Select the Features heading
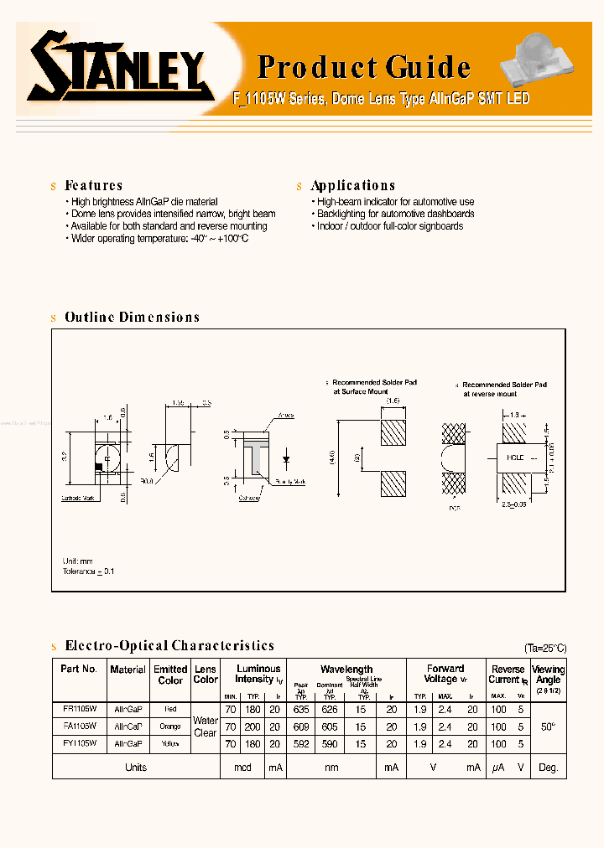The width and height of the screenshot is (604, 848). [93, 185]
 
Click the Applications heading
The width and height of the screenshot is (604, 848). [352, 185]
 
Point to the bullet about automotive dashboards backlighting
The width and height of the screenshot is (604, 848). [395, 215]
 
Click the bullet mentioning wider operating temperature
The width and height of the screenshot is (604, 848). [159, 239]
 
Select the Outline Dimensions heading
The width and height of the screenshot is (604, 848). [132, 317]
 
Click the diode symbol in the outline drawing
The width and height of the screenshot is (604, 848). [287, 458]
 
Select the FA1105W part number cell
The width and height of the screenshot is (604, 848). [80, 726]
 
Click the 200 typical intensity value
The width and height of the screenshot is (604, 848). [253, 727]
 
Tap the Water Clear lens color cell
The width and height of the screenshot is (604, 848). [206, 726]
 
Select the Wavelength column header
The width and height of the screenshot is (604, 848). [346, 669]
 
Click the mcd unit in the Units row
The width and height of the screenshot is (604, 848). [242, 768]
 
